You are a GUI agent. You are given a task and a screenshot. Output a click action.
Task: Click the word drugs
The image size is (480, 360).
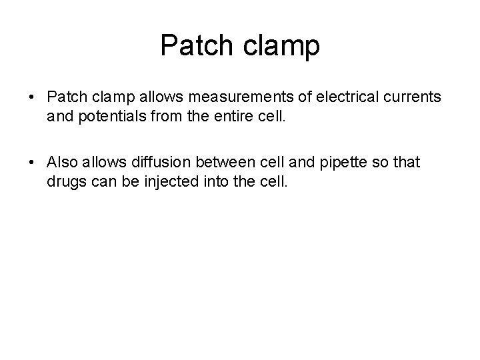(66, 182)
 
